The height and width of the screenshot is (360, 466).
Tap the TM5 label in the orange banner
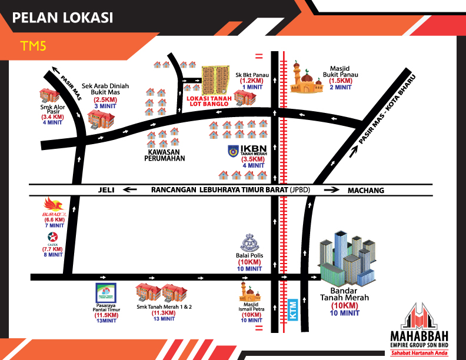point(33,46)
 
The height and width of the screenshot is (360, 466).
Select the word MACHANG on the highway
point(365,190)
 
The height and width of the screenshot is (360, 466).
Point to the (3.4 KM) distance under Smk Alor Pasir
point(52,117)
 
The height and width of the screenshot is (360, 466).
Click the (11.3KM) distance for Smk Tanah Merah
point(164,313)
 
